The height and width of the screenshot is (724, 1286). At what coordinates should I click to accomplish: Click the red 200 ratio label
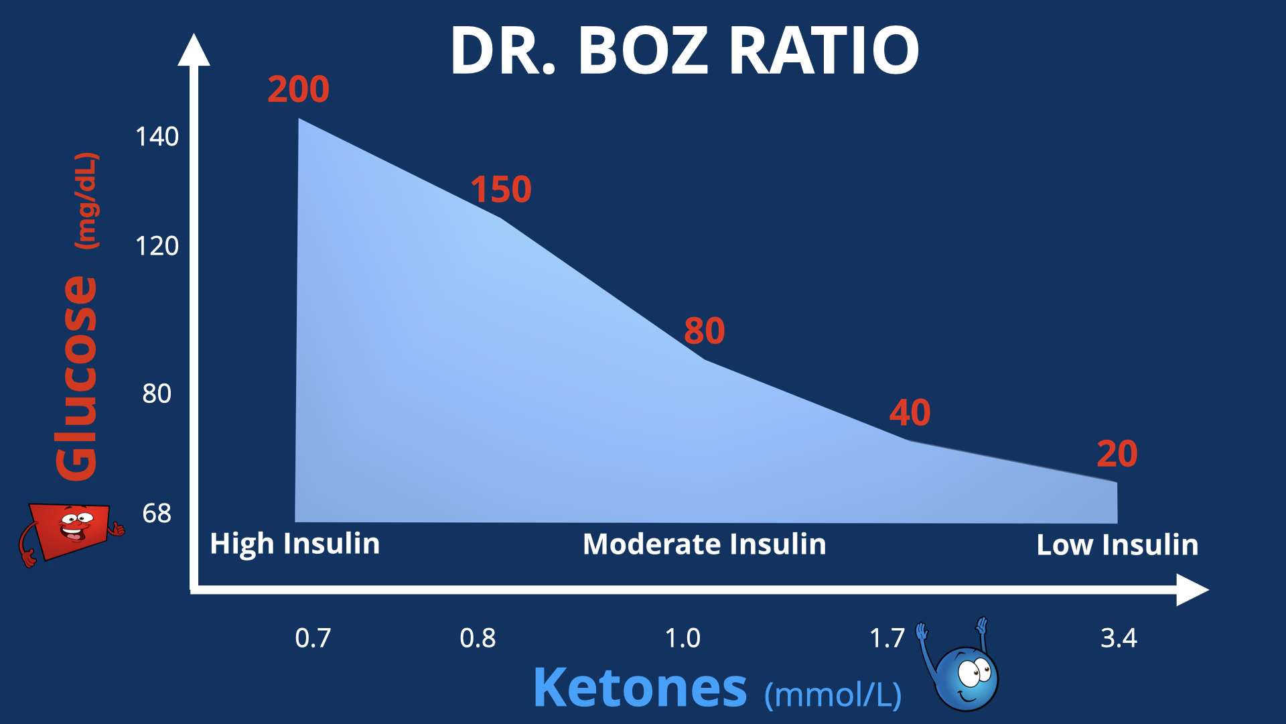pos(298,89)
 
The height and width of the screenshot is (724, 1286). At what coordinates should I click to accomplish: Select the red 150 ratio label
pos(501,189)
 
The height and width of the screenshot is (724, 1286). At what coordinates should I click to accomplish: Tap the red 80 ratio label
pos(704,330)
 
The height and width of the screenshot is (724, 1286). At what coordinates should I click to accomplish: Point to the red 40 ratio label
pos(910,412)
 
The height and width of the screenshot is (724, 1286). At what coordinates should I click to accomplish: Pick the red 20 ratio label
pos(1117,454)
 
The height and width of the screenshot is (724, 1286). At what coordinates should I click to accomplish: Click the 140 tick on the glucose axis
pos(157,137)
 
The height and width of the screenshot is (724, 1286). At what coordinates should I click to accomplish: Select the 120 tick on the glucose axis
pos(157,246)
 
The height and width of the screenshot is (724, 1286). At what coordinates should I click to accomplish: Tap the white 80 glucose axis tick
pos(157,394)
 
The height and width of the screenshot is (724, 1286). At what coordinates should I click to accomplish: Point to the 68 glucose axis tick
pos(157,514)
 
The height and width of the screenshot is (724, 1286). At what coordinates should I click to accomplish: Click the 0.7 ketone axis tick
pos(313,638)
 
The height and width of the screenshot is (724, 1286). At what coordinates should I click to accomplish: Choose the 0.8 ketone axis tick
pos(478,638)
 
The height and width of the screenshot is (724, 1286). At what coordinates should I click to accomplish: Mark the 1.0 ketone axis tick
pos(683,638)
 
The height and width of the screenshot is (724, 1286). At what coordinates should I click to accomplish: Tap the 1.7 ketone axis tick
pos(887,638)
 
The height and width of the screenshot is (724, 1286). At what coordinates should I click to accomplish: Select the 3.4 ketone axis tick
pos(1119,638)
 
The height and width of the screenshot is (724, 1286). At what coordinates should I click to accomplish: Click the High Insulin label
pos(295,544)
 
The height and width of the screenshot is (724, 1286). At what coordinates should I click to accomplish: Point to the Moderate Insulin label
pos(704,544)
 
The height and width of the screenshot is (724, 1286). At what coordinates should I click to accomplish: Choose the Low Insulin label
pos(1117,544)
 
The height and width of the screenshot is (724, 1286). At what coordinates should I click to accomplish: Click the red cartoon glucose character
pos(70,532)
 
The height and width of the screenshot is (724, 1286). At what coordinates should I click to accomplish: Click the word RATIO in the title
pos(824,50)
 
